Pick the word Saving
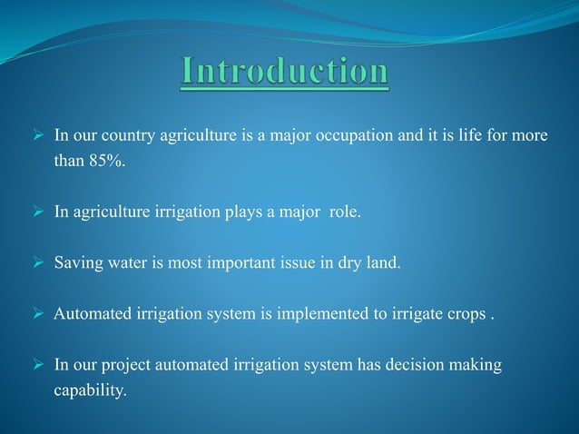click(x=77, y=264)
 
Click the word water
click(x=127, y=264)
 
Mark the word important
click(x=244, y=264)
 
